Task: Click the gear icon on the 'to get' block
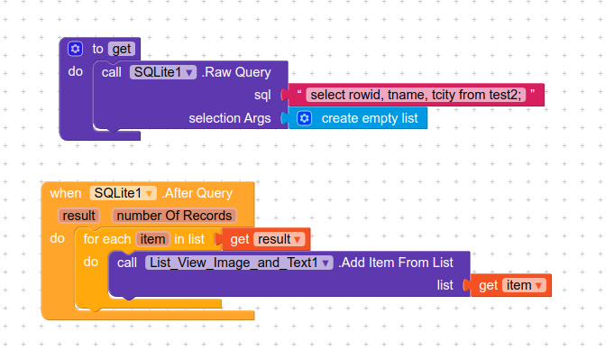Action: click(76, 49)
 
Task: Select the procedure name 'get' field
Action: click(120, 49)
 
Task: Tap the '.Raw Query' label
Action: click(231, 72)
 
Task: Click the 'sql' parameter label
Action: click(263, 95)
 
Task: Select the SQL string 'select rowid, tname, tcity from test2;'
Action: click(416, 95)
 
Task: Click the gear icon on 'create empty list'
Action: click(304, 118)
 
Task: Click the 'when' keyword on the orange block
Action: click(65, 193)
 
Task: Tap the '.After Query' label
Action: click(197, 193)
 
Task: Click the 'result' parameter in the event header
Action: click(79, 216)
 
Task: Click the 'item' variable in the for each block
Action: click(152, 239)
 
